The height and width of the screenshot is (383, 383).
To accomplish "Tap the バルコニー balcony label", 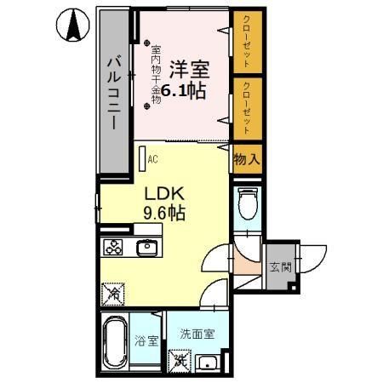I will tap(114, 93).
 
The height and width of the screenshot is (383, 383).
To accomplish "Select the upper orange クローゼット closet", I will tap(247, 43).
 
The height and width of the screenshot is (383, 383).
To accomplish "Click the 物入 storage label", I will tap(247, 158).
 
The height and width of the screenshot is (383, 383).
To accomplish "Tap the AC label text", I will tap(153, 159).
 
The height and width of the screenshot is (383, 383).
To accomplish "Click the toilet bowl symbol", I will tap(248, 204).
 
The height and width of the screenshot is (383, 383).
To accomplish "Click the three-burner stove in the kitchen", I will tap(114, 248).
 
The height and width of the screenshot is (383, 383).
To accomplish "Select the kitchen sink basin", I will tap(146, 248).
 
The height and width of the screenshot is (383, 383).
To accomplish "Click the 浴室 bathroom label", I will tap(146, 342).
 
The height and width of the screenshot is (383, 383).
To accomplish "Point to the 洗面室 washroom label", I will tap(197, 334).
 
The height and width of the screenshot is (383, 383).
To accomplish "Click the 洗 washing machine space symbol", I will tap(181, 361).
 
